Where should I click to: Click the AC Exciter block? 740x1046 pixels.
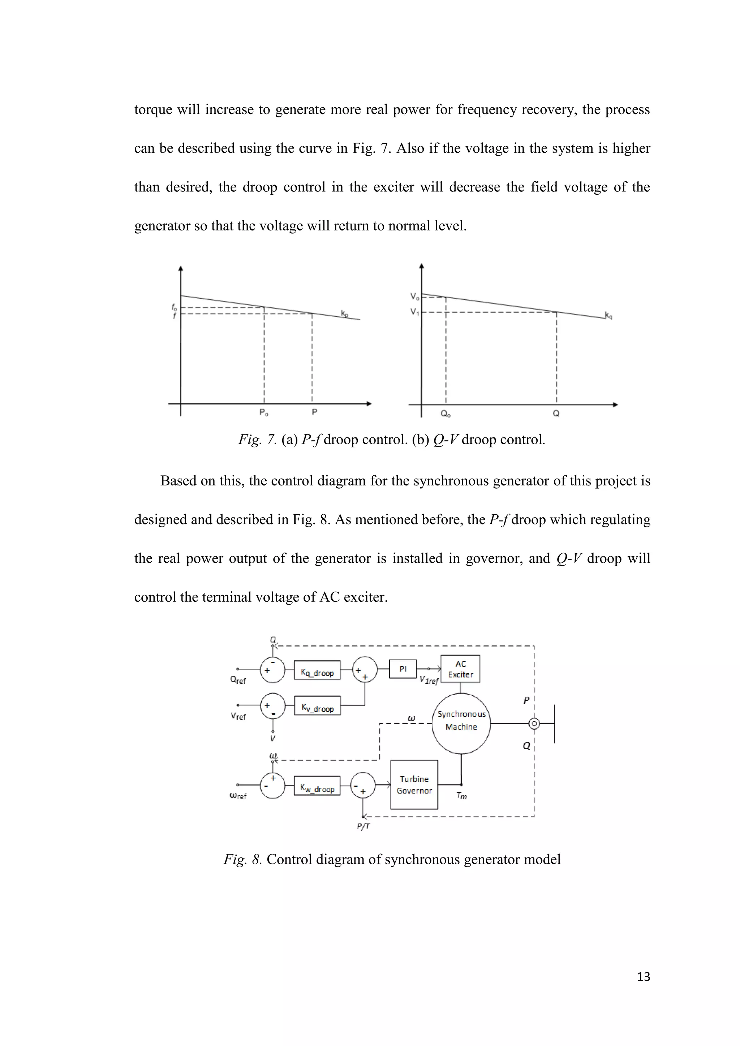coord(460,669)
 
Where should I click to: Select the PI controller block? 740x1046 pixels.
coord(403,669)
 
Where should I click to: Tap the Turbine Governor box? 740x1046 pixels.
coord(414,784)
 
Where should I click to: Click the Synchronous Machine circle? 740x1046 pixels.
coord(461,723)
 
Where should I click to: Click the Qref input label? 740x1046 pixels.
coord(238,680)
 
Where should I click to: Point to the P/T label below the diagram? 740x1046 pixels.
coord(363,826)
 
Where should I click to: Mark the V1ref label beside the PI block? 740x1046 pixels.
coord(429,680)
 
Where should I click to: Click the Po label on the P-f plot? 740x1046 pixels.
coord(264,412)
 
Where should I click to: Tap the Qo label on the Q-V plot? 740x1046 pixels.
coord(446,414)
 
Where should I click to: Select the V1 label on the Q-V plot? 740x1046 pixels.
coord(414,312)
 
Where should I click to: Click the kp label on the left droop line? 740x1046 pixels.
coord(344,314)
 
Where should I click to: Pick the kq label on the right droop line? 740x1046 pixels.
coord(608,315)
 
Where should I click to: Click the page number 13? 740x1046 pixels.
coord(644,977)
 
